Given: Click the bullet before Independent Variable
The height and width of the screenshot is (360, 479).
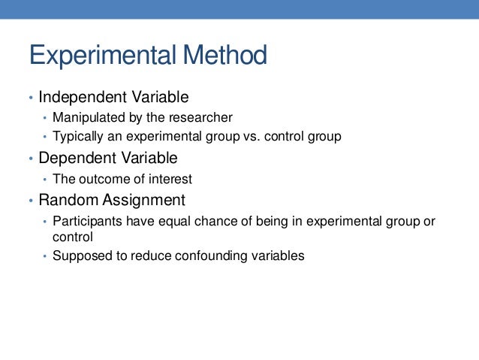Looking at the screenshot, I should click(x=31, y=98).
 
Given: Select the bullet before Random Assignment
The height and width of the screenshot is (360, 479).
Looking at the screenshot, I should click(x=31, y=201).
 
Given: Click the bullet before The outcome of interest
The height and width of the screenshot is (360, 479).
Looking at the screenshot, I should click(x=45, y=180).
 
